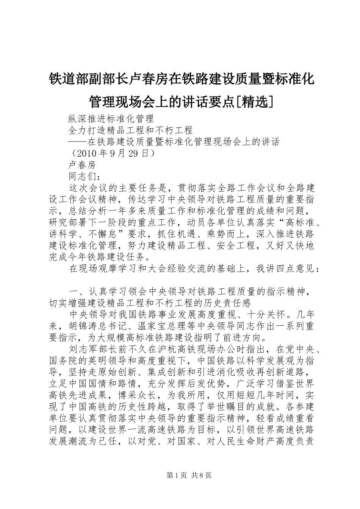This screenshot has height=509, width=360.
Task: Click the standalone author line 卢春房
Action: [82, 165]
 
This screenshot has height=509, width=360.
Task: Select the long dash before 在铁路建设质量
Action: [77, 142]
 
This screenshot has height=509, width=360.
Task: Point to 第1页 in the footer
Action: [176, 475]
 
